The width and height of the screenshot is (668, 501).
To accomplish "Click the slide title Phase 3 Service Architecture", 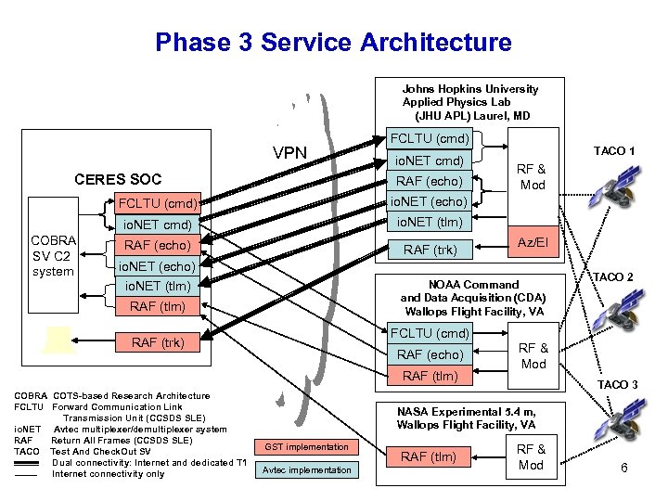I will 333,43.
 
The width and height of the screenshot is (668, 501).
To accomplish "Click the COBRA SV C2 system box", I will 52,255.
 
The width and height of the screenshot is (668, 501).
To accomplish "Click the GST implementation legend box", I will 307,447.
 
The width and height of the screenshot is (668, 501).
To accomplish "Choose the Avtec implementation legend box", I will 307,469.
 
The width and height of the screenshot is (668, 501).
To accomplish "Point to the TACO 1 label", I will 614,151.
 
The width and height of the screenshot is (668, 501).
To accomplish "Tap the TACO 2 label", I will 614,277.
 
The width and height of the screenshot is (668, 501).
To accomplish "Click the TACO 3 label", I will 617,384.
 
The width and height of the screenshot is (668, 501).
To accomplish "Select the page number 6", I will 624,468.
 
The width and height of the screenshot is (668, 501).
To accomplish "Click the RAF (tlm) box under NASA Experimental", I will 429,456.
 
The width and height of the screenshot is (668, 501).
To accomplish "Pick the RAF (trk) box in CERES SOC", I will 158,342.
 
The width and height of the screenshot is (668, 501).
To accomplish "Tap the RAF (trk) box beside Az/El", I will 429,249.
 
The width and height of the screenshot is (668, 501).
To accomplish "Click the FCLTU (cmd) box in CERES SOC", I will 157,203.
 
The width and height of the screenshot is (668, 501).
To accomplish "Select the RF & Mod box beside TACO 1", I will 532,176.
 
